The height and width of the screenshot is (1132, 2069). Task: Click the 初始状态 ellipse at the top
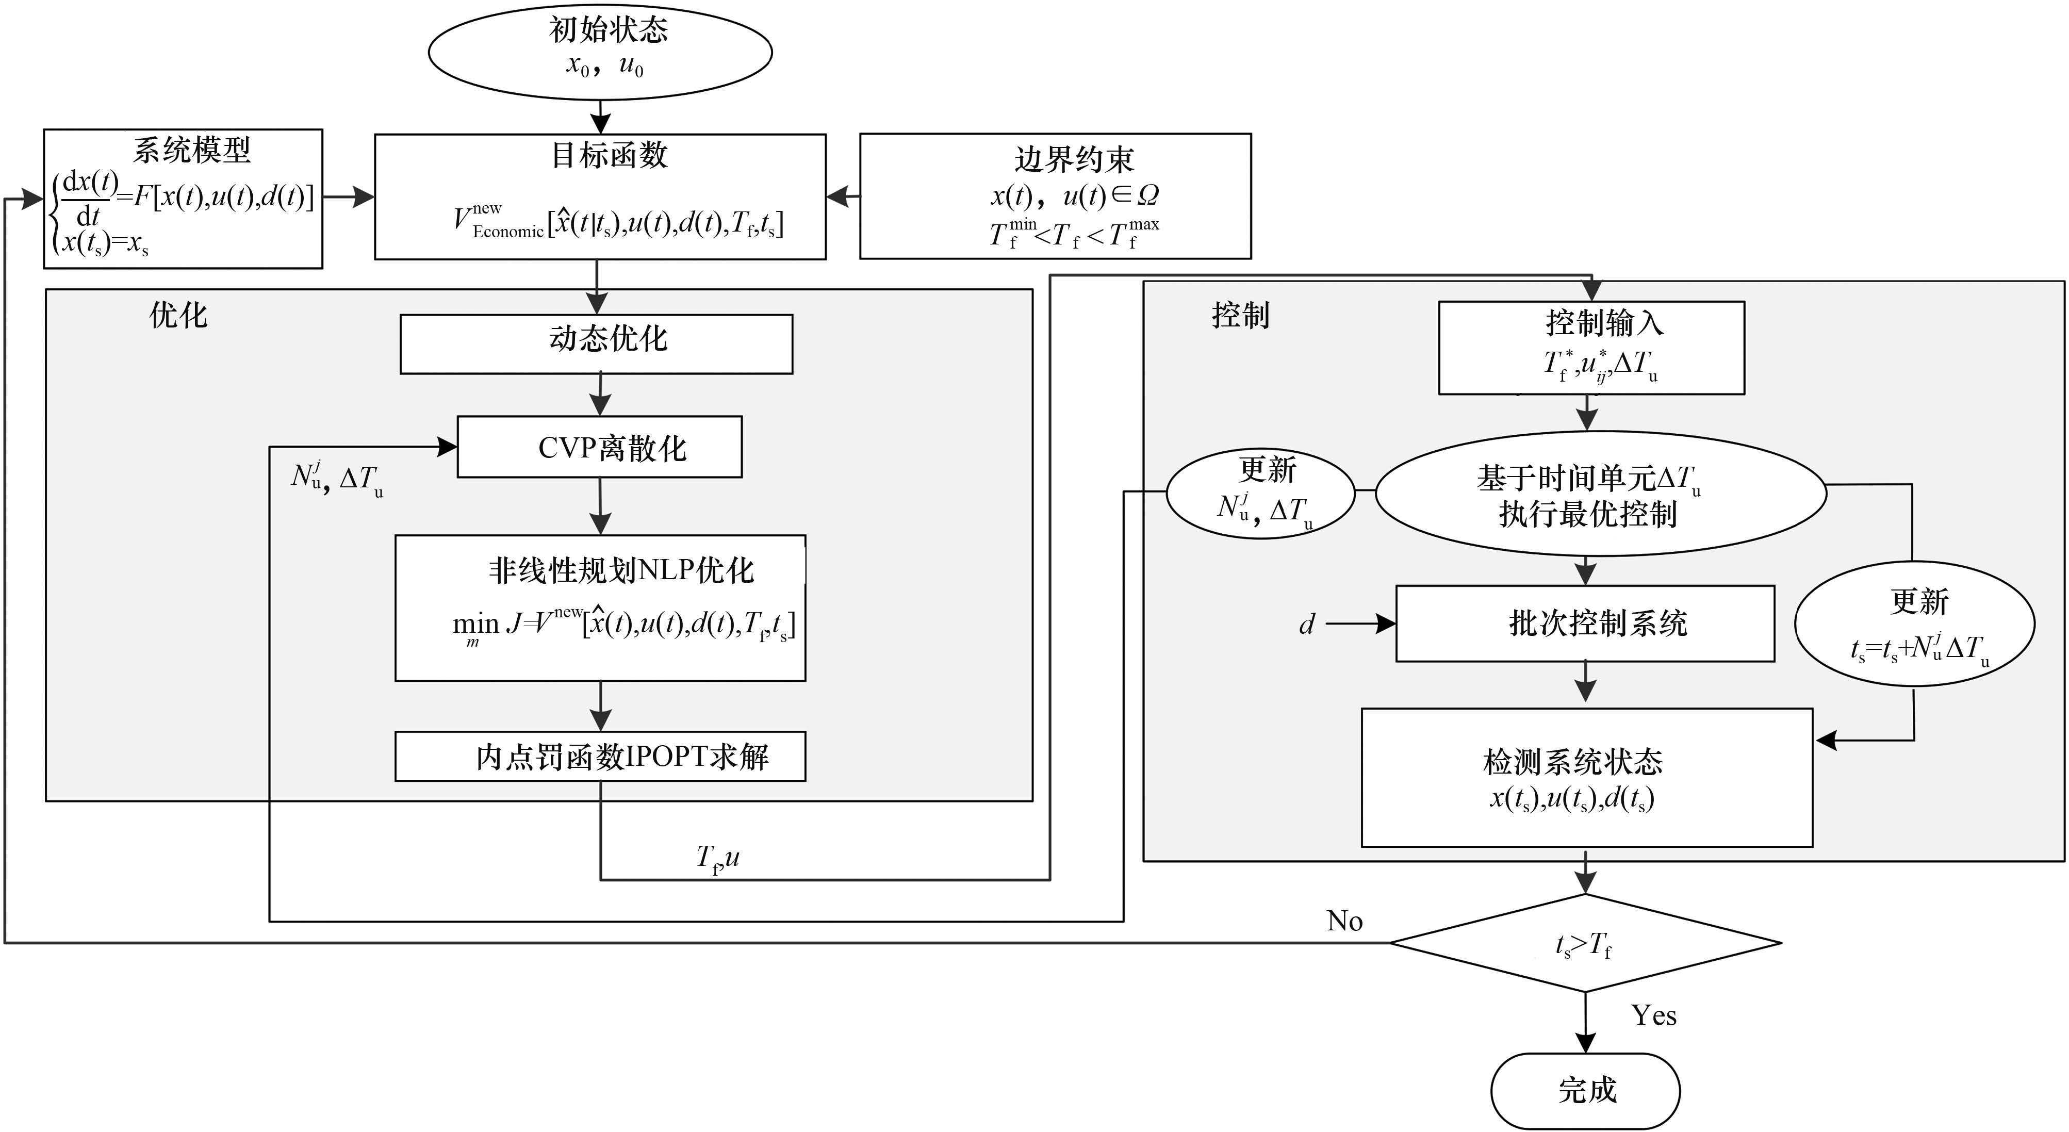(600, 52)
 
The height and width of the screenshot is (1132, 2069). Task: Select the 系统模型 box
(183, 199)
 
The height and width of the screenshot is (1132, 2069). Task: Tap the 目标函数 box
(600, 197)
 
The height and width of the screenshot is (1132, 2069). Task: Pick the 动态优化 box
(596, 344)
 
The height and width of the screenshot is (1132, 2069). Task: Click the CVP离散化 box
(600, 447)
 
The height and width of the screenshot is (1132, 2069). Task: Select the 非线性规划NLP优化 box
(600, 608)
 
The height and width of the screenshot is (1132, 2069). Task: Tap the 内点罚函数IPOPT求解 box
(600, 756)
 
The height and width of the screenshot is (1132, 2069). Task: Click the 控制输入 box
(1591, 348)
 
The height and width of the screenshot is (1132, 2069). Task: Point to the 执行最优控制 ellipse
(1601, 494)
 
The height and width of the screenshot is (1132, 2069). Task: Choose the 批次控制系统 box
(1585, 624)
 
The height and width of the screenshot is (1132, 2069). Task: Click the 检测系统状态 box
(1586, 777)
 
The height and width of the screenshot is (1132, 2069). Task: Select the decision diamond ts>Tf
(1585, 943)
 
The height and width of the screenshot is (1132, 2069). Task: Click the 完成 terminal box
(1585, 1090)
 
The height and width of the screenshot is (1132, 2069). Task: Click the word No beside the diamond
(1344, 921)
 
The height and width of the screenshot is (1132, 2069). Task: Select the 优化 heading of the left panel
(178, 316)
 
